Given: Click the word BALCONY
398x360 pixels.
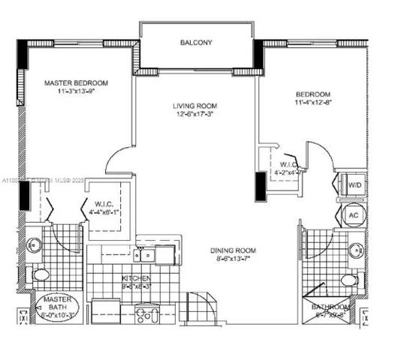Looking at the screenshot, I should pyautogui.click(x=195, y=43).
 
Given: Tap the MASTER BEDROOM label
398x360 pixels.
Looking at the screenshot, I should pyautogui.click(x=75, y=82).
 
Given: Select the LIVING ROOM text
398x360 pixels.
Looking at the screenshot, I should pyautogui.click(x=195, y=106).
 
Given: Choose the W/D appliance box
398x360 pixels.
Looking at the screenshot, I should pyautogui.click(x=354, y=184).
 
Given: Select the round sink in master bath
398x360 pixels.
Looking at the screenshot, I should pyautogui.click(x=34, y=245).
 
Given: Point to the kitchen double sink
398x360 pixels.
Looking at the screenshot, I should pyautogui.click(x=154, y=254).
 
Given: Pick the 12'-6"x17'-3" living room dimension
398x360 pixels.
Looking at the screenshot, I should pyautogui.click(x=195, y=116).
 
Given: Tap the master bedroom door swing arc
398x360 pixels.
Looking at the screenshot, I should pyautogui.click(x=116, y=157).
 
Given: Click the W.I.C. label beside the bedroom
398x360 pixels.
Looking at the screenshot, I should pyautogui.click(x=288, y=164).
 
